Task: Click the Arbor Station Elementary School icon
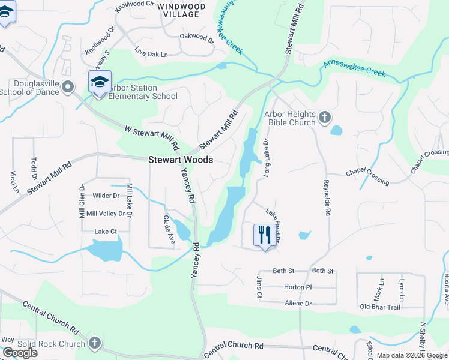point(100,82)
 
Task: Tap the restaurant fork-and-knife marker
point(264,235)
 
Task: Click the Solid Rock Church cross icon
point(94,343)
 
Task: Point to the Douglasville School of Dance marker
point(68,87)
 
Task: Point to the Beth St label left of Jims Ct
point(284,271)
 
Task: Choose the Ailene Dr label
point(298,304)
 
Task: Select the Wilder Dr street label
point(106,196)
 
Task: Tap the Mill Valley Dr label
point(106,214)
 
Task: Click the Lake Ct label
point(105,232)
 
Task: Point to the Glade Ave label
point(169,230)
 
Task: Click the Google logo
point(20,353)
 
